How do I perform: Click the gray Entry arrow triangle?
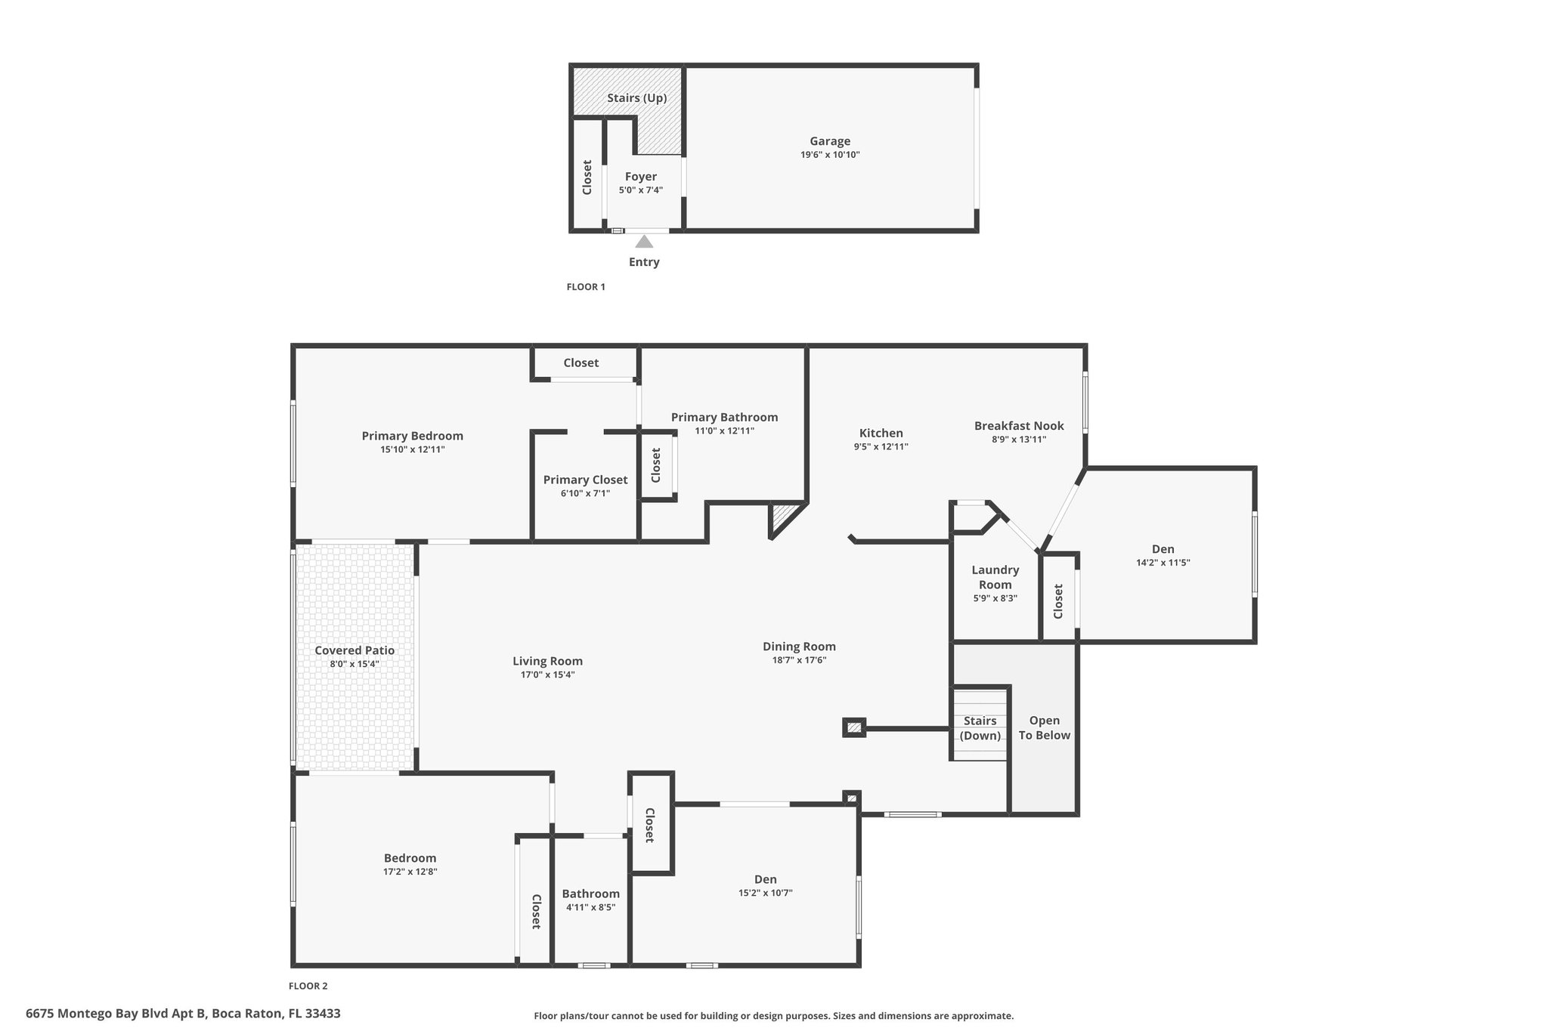click(x=644, y=242)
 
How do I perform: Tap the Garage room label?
click(x=830, y=141)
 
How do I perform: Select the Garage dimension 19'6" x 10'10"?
click(x=830, y=155)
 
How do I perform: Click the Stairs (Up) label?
click(x=637, y=98)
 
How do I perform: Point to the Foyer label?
click(x=641, y=177)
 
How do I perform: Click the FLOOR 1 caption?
click(x=586, y=287)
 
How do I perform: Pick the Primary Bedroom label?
click(x=413, y=436)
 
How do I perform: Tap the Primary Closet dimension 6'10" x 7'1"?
click(x=585, y=493)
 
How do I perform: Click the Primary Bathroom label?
click(x=724, y=418)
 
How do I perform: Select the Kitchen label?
click(x=881, y=433)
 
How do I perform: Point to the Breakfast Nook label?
click(x=1019, y=426)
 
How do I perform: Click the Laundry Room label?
click(x=995, y=577)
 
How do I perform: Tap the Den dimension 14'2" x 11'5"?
click(x=1163, y=563)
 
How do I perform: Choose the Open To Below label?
click(x=1045, y=728)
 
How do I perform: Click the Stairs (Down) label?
click(x=980, y=728)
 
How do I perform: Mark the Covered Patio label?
click(x=354, y=650)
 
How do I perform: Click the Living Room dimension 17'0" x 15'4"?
click(x=547, y=674)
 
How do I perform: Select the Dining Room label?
click(x=799, y=647)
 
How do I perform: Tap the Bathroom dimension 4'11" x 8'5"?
click(x=590, y=907)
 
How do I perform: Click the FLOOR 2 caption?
click(x=308, y=986)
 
